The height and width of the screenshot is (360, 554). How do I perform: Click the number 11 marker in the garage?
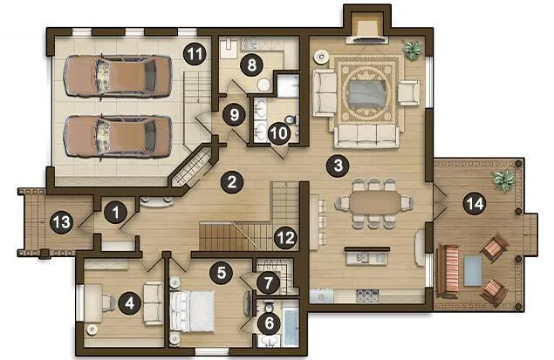click(x=195, y=54)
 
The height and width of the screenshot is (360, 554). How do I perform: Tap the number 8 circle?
click(x=251, y=65)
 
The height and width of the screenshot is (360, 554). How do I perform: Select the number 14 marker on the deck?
click(x=475, y=204)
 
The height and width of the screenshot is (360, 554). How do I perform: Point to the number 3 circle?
click(x=338, y=165)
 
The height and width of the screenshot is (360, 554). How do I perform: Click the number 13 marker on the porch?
click(x=61, y=222)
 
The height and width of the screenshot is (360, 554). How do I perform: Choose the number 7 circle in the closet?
click(x=268, y=282)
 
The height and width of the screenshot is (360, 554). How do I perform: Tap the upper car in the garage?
click(x=118, y=76)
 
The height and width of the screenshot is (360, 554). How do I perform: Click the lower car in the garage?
click(x=118, y=136)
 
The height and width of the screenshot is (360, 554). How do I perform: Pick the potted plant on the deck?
click(x=503, y=180)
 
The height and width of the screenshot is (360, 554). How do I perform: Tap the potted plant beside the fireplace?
click(x=413, y=50)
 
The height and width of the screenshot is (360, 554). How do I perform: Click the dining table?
click(x=374, y=203)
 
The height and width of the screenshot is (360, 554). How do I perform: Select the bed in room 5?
click(x=193, y=311)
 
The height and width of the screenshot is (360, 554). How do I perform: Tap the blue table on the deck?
click(x=472, y=271)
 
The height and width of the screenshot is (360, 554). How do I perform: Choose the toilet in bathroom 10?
click(x=291, y=120)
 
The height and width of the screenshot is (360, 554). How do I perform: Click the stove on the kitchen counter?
click(x=367, y=295)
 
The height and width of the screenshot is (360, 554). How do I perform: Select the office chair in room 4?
click(x=108, y=302)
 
